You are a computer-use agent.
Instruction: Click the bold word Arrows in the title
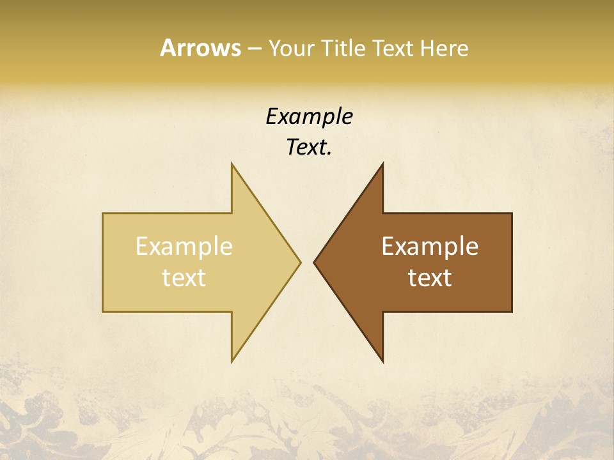(x=200, y=48)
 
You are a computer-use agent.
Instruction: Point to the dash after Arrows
(x=254, y=49)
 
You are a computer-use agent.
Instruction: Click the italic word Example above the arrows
(x=309, y=116)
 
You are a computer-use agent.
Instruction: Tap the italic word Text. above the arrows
(x=309, y=147)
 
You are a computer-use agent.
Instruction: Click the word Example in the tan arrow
(x=184, y=247)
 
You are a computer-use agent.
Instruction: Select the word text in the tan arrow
(x=184, y=278)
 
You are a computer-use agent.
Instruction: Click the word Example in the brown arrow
(x=430, y=247)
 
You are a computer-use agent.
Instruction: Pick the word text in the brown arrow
(x=430, y=278)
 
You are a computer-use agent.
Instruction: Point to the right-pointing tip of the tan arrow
(x=301, y=262)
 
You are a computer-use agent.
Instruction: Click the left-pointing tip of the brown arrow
(x=314, y=262)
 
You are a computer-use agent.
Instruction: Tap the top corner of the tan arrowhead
(x=232, y=163)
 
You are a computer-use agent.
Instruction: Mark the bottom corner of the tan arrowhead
(x=232, y=362)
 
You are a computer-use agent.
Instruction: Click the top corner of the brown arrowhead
(x=382, y=163)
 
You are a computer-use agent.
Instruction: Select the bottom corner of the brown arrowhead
(x=382, y=362)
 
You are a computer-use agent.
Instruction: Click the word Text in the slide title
(x=393, y=49)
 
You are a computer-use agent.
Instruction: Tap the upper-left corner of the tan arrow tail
(x=103, y=213)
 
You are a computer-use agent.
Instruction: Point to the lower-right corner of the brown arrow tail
(x=512, y=312)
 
